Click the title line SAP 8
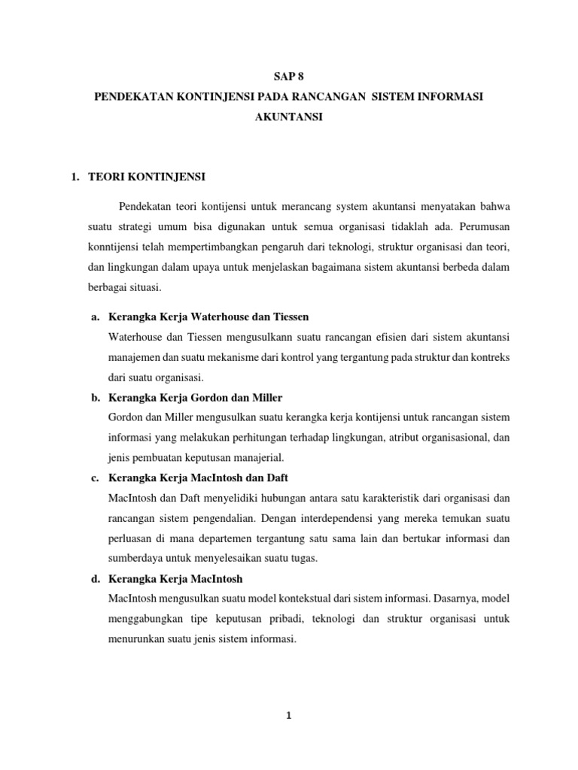[x=288, y=77]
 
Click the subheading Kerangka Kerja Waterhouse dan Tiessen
[x=208, y=317]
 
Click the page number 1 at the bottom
[x=288, y=717]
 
